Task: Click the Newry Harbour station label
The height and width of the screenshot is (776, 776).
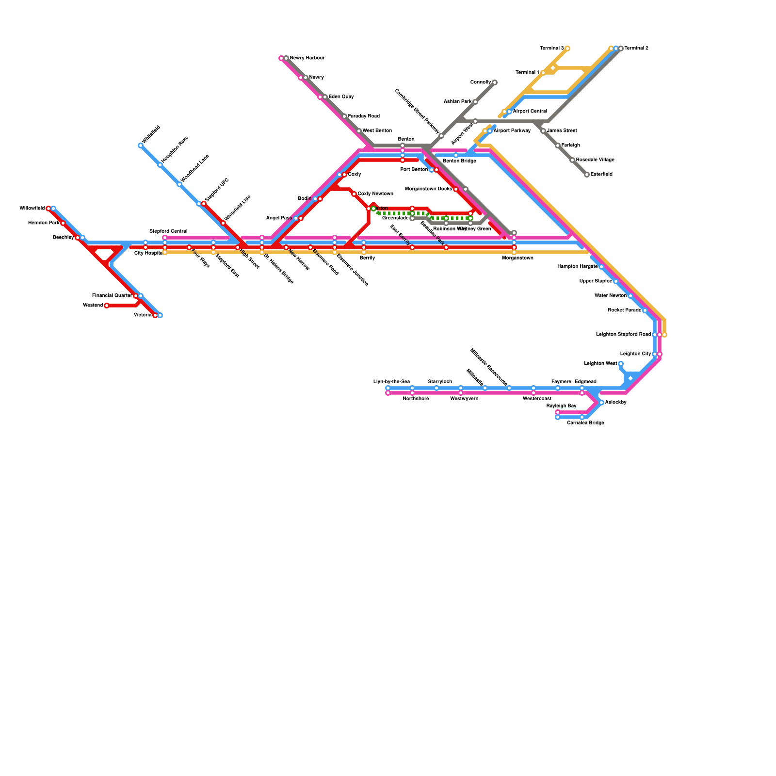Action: tap(307, 58)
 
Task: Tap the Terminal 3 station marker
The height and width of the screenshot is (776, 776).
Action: tap(567, 48)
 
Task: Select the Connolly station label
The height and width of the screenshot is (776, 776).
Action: tap(481, 82)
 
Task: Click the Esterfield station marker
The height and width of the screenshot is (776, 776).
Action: tap(587, 175)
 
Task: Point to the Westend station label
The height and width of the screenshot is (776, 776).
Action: tap(93, 306)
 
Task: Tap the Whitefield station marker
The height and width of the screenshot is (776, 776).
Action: tap(141, 145)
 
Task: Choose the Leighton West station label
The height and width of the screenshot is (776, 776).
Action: tap(600, 364)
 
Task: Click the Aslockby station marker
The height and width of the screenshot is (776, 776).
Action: tap(601, 403)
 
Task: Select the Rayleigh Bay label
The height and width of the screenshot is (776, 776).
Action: tap(561, 406)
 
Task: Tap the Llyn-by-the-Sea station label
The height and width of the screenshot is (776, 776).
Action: tap(391, 382)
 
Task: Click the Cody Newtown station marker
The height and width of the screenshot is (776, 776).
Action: tap(354, 194)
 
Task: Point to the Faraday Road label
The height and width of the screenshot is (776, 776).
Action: tap(364, 116)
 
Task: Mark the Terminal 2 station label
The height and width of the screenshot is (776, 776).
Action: tap(636, 48)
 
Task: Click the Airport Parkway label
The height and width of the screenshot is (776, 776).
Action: tap(512, 131)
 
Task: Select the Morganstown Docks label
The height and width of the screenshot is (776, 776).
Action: tap(429, 189)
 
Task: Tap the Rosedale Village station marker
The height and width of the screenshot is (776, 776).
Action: tap(572, 160)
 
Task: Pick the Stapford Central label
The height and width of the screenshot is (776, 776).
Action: tap(168, 231)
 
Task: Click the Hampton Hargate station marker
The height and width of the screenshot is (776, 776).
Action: tap(601, 267)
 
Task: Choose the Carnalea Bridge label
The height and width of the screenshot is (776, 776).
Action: tap(585, 423)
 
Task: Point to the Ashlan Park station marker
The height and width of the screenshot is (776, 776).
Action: tap(475, 102)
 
